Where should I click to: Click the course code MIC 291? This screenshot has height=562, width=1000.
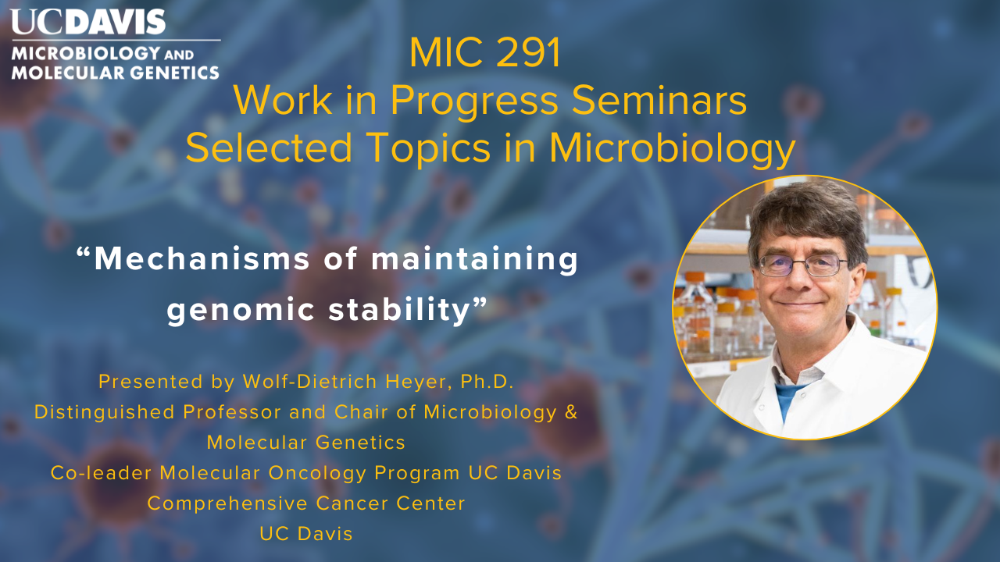(485, 53)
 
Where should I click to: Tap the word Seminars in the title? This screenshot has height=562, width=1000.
(659, 101)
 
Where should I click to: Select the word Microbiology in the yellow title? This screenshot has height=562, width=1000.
(673, 148)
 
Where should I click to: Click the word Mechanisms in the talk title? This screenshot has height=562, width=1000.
(202, 258)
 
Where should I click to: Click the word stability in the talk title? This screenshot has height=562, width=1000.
(399, 310)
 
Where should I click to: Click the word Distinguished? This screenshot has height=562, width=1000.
(105, 413)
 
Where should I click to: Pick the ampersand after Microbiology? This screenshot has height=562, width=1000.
(571, 412)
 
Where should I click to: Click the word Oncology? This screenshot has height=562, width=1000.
(317, 473)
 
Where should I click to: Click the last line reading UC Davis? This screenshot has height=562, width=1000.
(306, 534)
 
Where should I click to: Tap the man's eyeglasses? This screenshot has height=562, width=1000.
(802, 265)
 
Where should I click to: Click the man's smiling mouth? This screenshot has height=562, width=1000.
(799, 304)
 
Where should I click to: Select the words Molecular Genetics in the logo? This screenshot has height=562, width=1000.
(115, 73)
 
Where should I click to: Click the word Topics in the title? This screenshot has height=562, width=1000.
(430, 148)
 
